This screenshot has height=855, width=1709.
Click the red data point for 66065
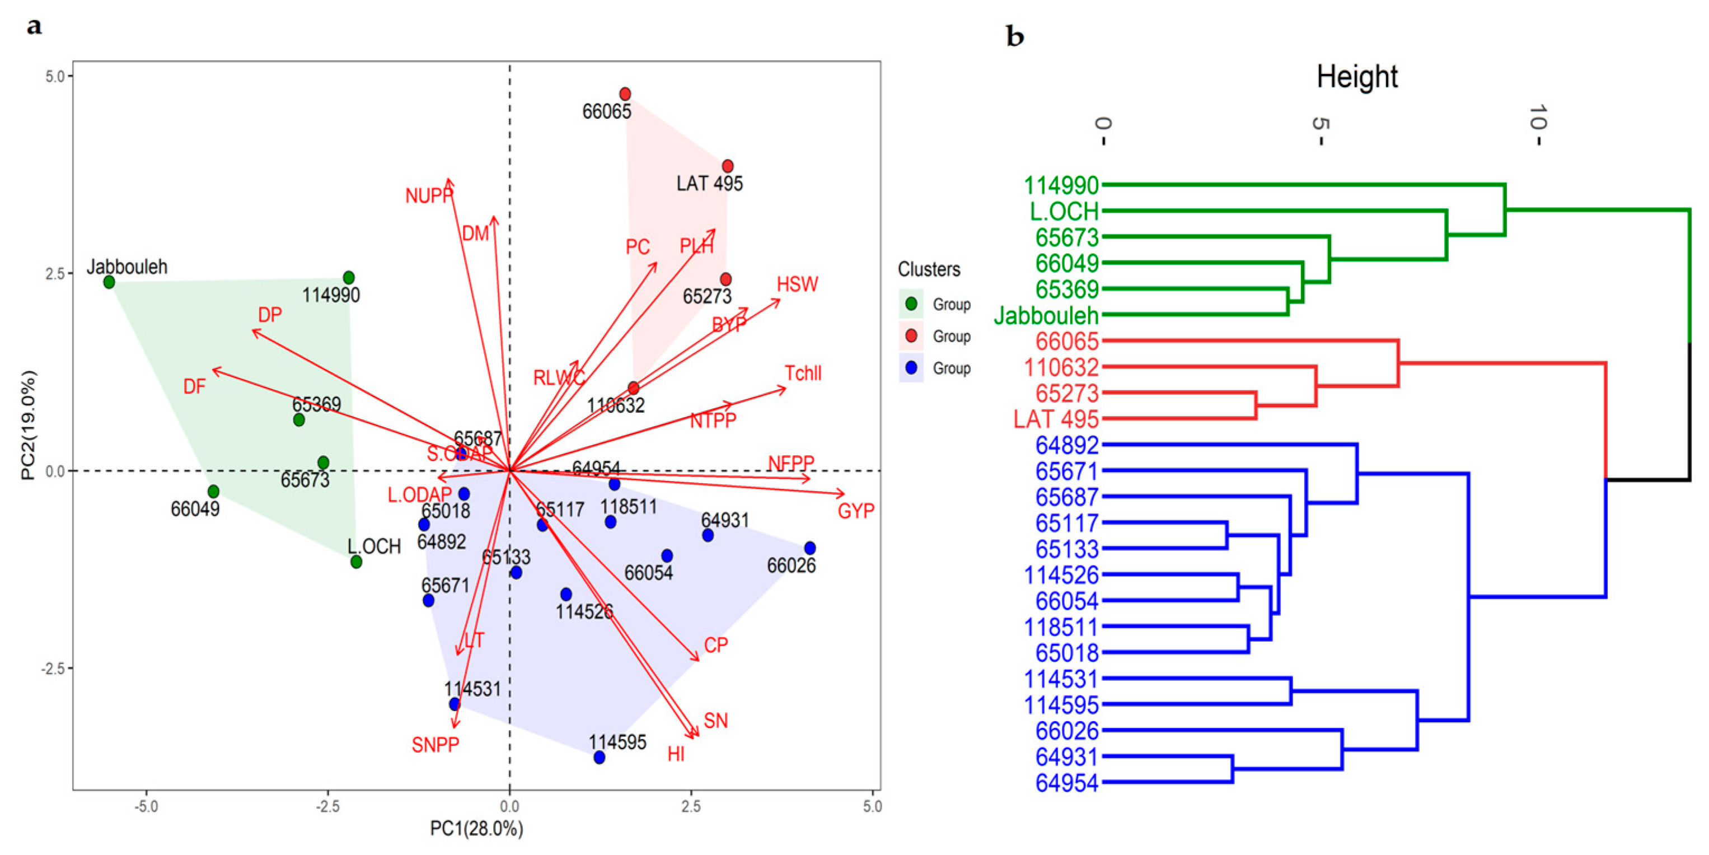[625, 94]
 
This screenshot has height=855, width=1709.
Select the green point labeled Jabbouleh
[110, 282]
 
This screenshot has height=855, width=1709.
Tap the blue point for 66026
[809, 548]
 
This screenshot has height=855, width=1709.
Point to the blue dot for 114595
[599, 758]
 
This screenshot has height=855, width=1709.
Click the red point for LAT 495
[728, 166]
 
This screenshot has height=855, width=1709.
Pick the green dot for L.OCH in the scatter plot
[356, 562]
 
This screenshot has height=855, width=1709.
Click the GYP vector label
[856, 511]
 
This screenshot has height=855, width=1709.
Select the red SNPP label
[435, 745]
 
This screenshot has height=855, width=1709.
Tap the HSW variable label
[798, 284]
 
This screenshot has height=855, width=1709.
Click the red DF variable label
[194, 386]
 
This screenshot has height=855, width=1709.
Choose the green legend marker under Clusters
[911, 304]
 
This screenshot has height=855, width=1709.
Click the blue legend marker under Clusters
[911, 368]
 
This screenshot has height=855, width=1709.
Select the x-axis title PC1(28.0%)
[476, 829]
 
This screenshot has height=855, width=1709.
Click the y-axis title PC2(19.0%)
[29, 425]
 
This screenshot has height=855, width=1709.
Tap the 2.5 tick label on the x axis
[691, 806]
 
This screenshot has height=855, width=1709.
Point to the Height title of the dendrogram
[1357, 77]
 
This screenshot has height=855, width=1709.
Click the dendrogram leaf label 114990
[1061, 185]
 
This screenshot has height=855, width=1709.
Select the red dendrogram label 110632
[1061, 367]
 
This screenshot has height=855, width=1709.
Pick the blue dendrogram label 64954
[1067, 783]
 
